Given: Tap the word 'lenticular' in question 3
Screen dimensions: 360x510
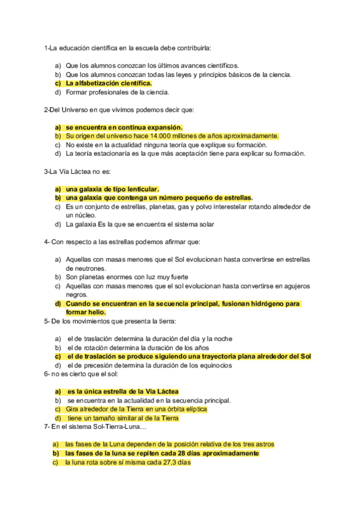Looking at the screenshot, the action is (x=139, y=189).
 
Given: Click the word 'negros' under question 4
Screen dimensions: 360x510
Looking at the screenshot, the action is (x=76, y=295).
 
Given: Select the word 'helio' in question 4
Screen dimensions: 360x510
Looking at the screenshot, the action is (x=96, y=312).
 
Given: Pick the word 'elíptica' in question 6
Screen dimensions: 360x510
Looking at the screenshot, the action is (x=194, y=409).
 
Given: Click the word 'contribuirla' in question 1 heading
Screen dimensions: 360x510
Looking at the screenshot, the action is (x=192, y=48).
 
